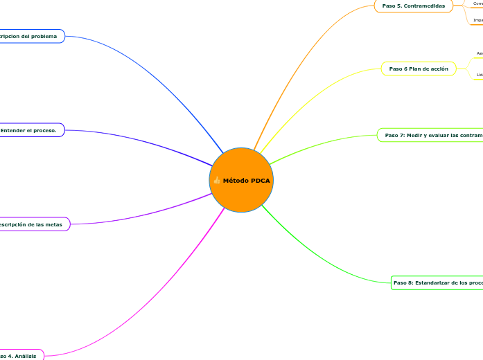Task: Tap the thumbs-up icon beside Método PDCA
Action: (217, 180)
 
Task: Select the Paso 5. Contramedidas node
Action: (413, 6)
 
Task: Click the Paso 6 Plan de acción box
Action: (419, 69)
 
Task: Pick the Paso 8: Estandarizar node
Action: (437, 282)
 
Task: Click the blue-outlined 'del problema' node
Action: (30, 36)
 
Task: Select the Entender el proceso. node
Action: (31, 129)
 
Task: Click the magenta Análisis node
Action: (21, 355)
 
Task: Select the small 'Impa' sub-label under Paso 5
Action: (477, 20)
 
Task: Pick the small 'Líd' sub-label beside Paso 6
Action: (479, 74)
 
